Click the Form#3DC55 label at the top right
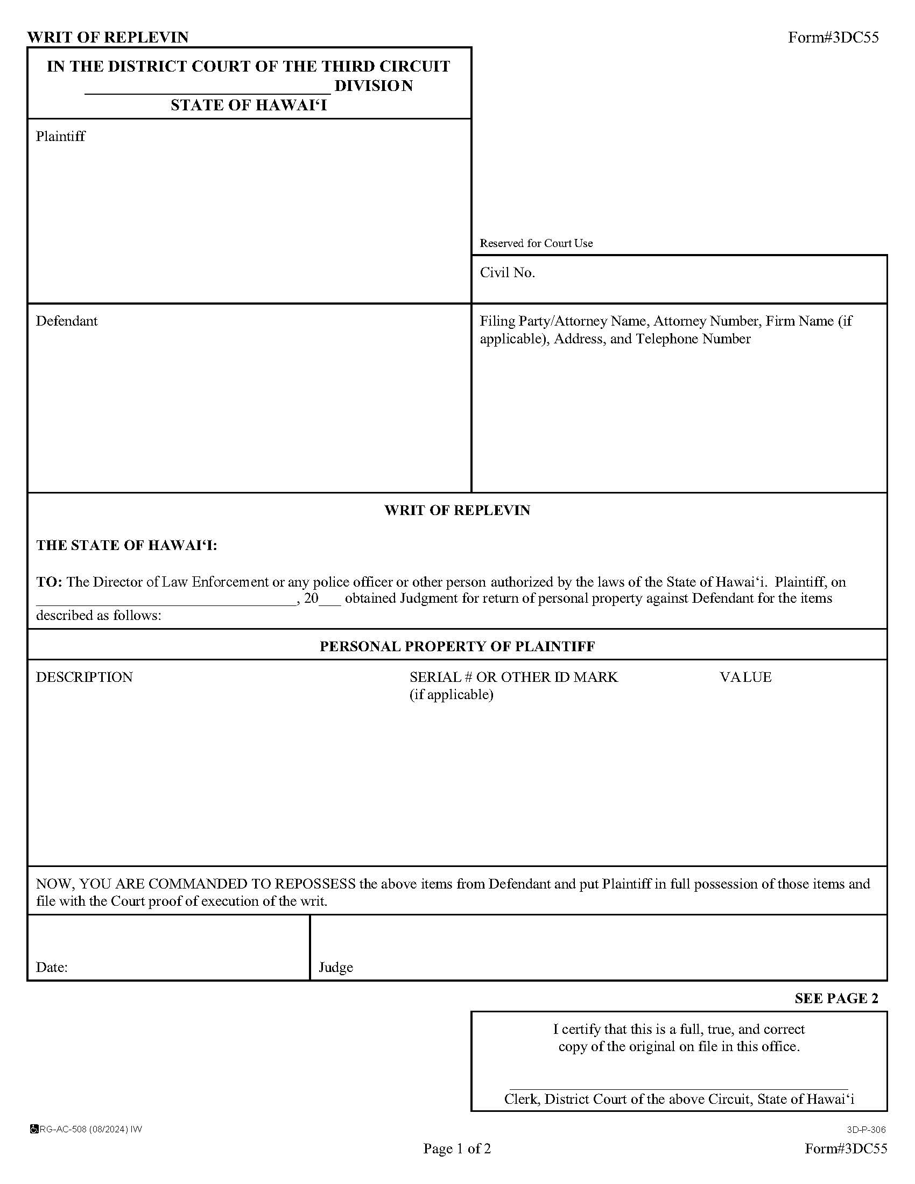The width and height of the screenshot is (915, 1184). pos(833,38)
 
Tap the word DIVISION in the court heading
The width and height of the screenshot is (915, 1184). pos(374,86)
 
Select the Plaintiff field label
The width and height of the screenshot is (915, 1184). pos(60,136)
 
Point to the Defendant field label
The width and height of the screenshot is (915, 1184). pos(67,321)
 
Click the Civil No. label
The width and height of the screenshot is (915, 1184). pos(507,273)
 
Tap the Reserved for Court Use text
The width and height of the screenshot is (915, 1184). pos(536,243)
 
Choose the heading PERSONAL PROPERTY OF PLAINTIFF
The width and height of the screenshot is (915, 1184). pos(457,646)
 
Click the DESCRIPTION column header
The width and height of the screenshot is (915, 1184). pos(84,677)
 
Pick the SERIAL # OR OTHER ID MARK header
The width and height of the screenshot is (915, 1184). pos(513,677)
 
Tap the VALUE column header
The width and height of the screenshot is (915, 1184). pos(745,677)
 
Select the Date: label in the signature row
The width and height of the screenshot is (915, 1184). pos(52,967)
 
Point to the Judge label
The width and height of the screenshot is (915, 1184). pos(335,967)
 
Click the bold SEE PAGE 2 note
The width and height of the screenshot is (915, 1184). pos(836,998)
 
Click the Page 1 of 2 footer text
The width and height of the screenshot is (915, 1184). pos(457,1148)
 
